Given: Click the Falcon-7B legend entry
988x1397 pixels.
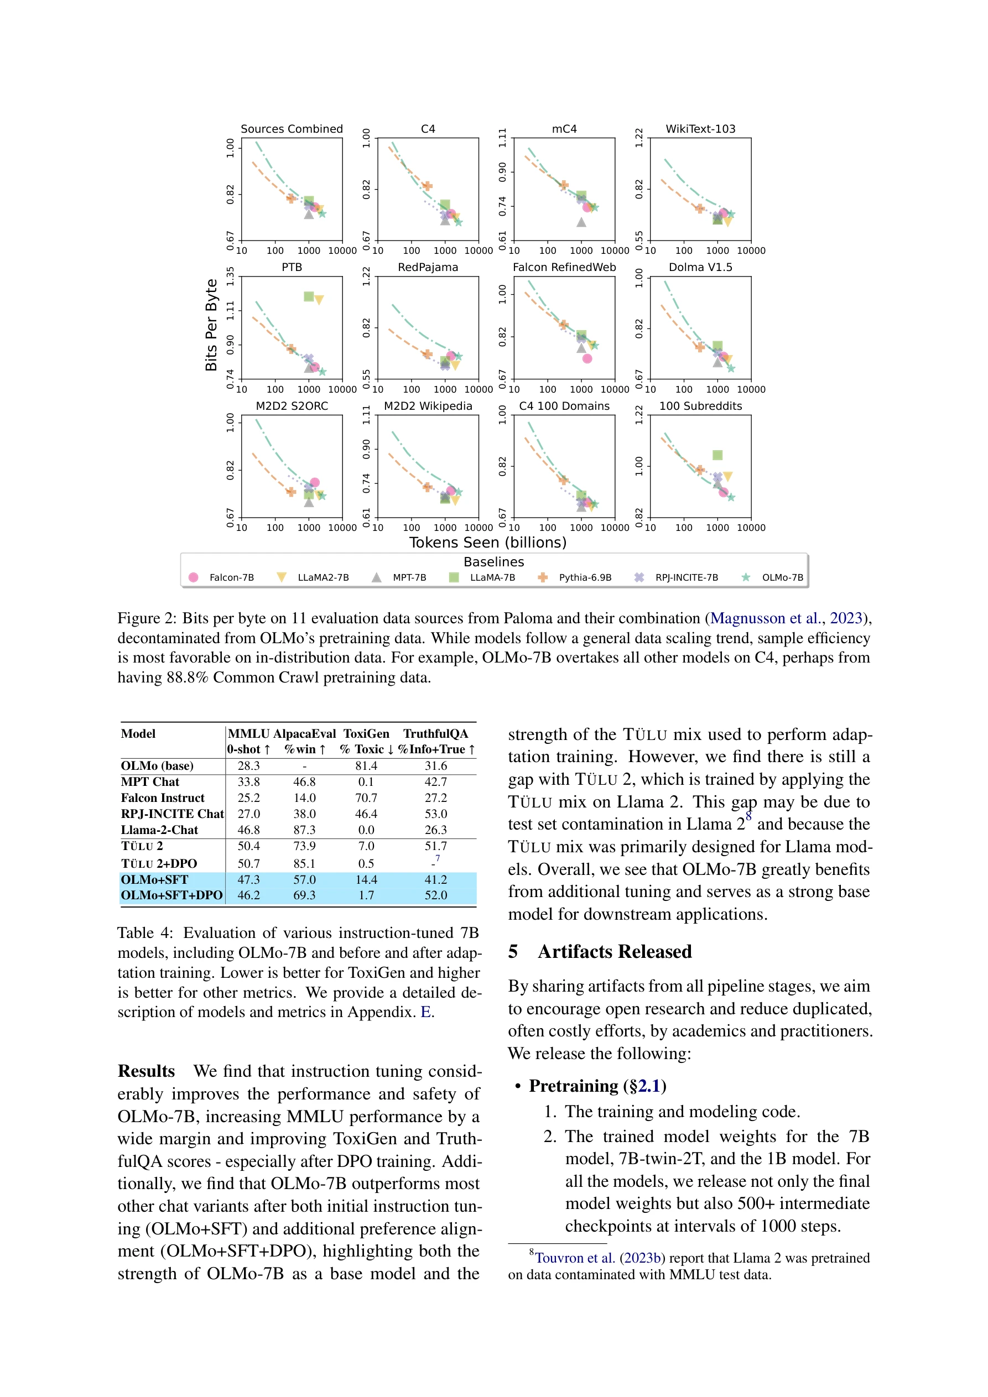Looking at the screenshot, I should pos(223,577).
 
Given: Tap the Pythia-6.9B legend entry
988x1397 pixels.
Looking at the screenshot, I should pos(576,577).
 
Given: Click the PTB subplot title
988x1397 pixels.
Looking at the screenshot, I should pos(292,267).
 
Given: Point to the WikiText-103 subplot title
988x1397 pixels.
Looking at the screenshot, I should pos(700,129).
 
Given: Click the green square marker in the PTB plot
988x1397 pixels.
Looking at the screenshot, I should pos(309,296).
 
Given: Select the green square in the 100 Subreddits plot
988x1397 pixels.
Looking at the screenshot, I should pos(717,455).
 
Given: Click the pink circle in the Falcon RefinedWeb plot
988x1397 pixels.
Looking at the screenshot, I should pos(587,358).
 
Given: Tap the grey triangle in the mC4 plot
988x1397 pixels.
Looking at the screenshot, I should pos(581,222).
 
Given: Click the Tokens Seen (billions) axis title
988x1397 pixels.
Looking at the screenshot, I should pos(487,542).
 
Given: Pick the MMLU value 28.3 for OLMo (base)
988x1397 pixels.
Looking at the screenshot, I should pos(248,766).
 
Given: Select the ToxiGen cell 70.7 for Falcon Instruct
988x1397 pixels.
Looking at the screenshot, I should pos(366,797).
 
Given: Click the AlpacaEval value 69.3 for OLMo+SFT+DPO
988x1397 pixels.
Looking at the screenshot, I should pos(304,895).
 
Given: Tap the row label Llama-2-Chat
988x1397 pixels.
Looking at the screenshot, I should pos(159,830).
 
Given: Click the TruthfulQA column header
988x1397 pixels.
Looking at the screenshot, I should pos(436,734).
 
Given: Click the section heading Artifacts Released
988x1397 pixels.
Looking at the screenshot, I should pos(614,952).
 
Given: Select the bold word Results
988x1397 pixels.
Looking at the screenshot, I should pos(146,1071).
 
